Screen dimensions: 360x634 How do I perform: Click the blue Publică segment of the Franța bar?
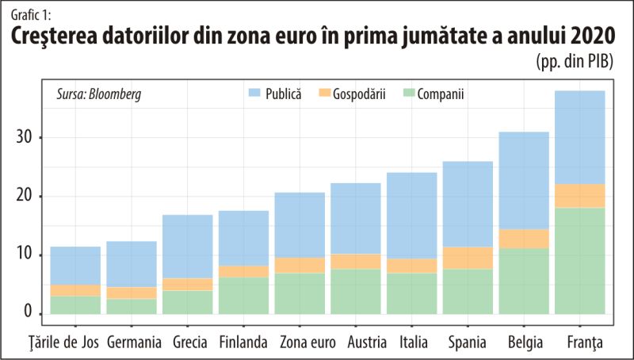pyautogui.click(x=579, y=137)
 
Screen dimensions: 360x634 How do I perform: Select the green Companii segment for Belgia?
pyautogui.click(x=524, y=281)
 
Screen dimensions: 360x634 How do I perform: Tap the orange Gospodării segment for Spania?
pyautogui.click(x=468, y=258)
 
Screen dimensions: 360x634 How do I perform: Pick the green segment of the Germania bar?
pyautogui.click(x=131, y=306)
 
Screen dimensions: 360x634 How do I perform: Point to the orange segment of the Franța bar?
pyautogui.click(x=579, y=196)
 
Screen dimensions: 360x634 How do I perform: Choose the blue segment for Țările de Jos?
pyautogui.click(x=75, y=266)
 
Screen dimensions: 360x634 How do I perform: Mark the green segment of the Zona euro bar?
pyautogui.click(x=300, y=293)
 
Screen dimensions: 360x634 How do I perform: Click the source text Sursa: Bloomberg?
pyautogui.click(x=99, y=94)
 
